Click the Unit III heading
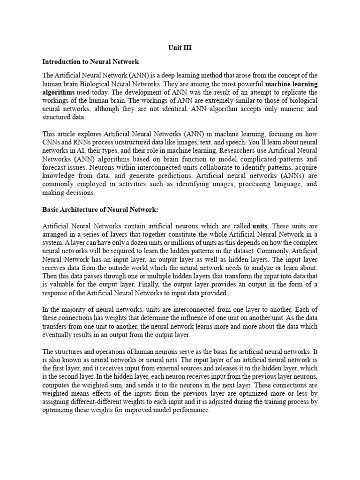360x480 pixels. pyautogui.click(x=180, y=48)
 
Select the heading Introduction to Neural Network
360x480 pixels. pyautogui.click(x=90, y=61)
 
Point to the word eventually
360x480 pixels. pyautogui.click(x=59, y=336)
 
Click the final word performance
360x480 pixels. pyautogui.click(x=190, y=411)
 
